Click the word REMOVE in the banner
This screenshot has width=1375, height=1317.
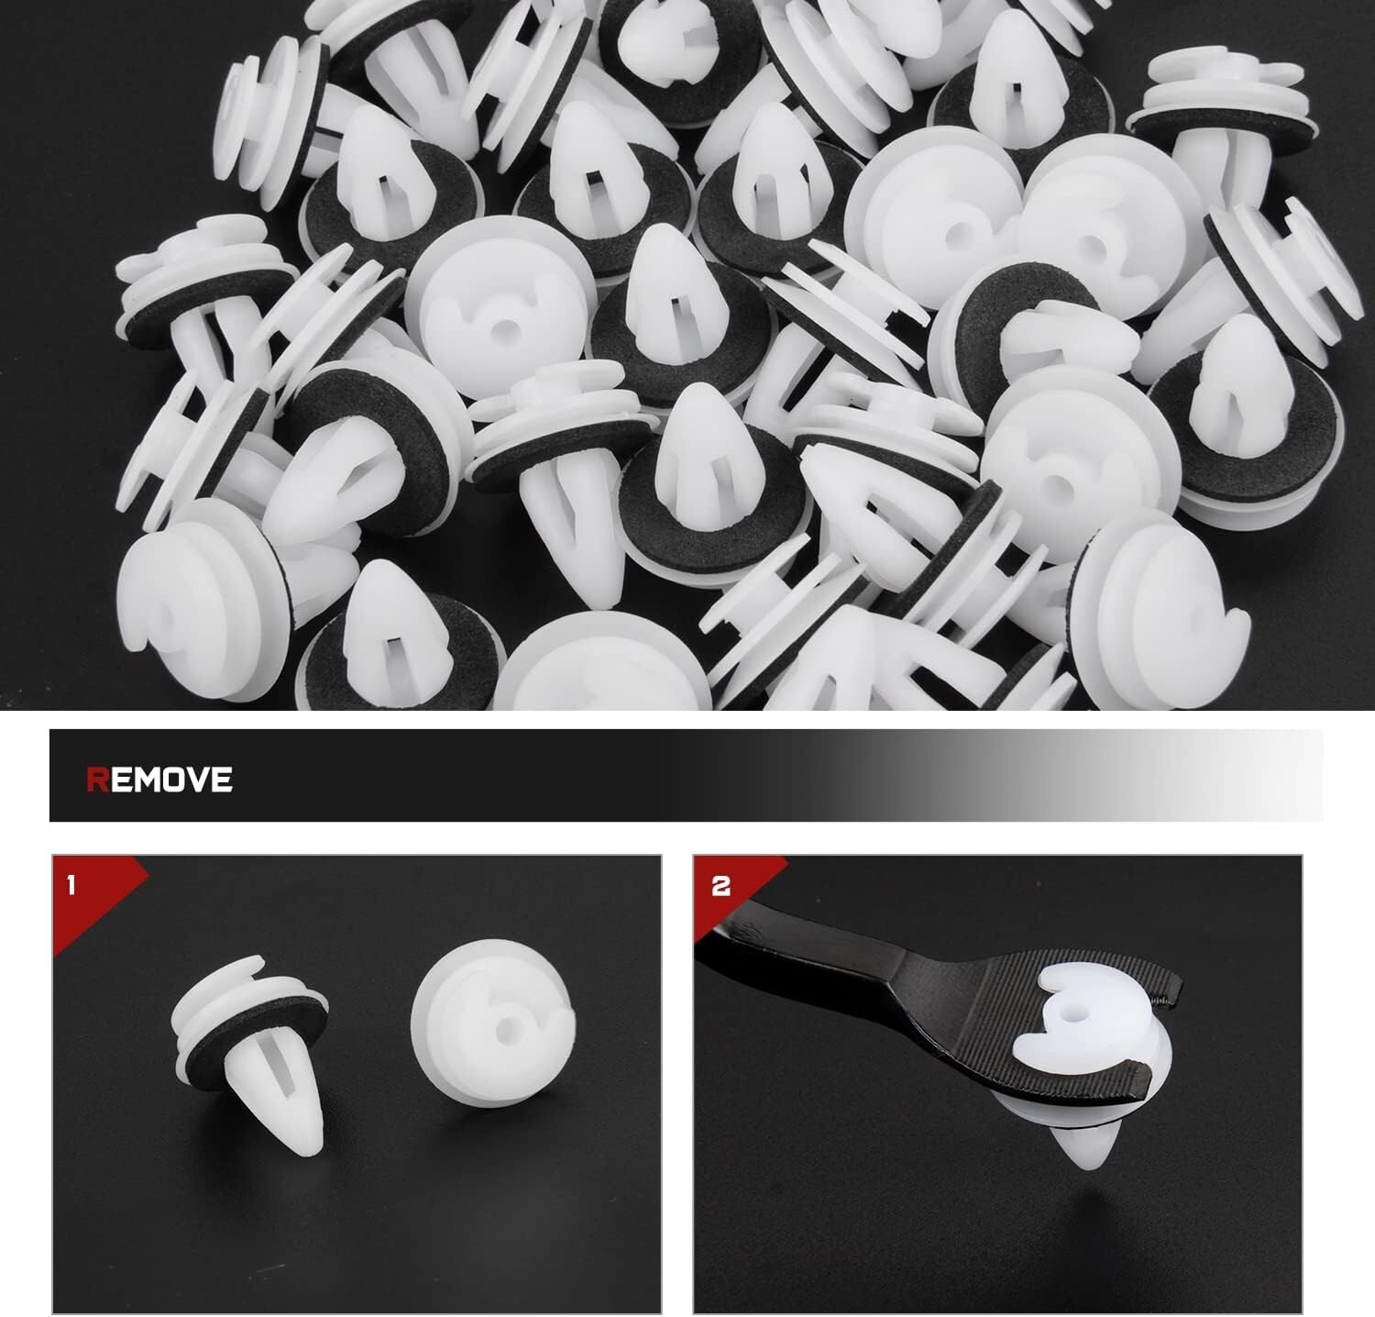(159, 780)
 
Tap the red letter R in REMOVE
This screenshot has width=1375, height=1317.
(97, 780)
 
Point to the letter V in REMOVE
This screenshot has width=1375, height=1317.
(196, 780)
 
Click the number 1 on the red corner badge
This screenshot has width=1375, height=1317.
(72, 886)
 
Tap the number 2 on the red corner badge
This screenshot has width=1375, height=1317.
(721, 887)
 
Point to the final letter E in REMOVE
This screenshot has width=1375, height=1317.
(222, 780)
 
